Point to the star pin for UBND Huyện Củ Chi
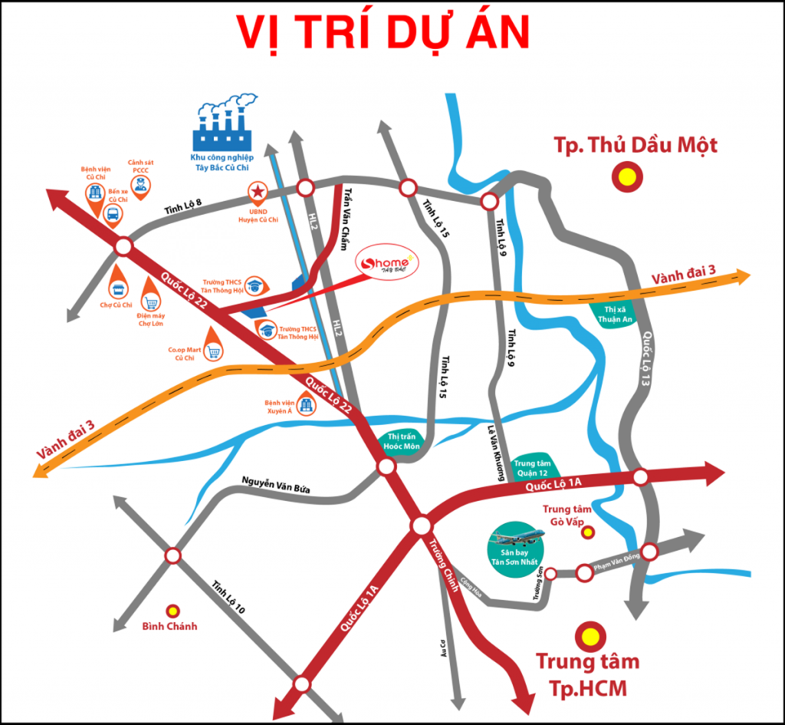click(x=259, y=193)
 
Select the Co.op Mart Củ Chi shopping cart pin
click(x=213, y=351)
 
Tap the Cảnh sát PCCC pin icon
click(x=140, y=184)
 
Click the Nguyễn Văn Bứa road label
click(x=275, y=484)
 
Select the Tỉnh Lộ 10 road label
click(x=228, y=597)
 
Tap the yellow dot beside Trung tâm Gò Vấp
click(x=587, y=532)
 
